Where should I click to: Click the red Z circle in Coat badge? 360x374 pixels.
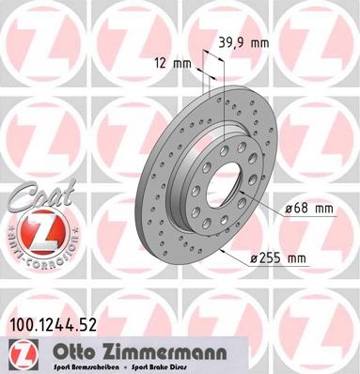34,229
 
